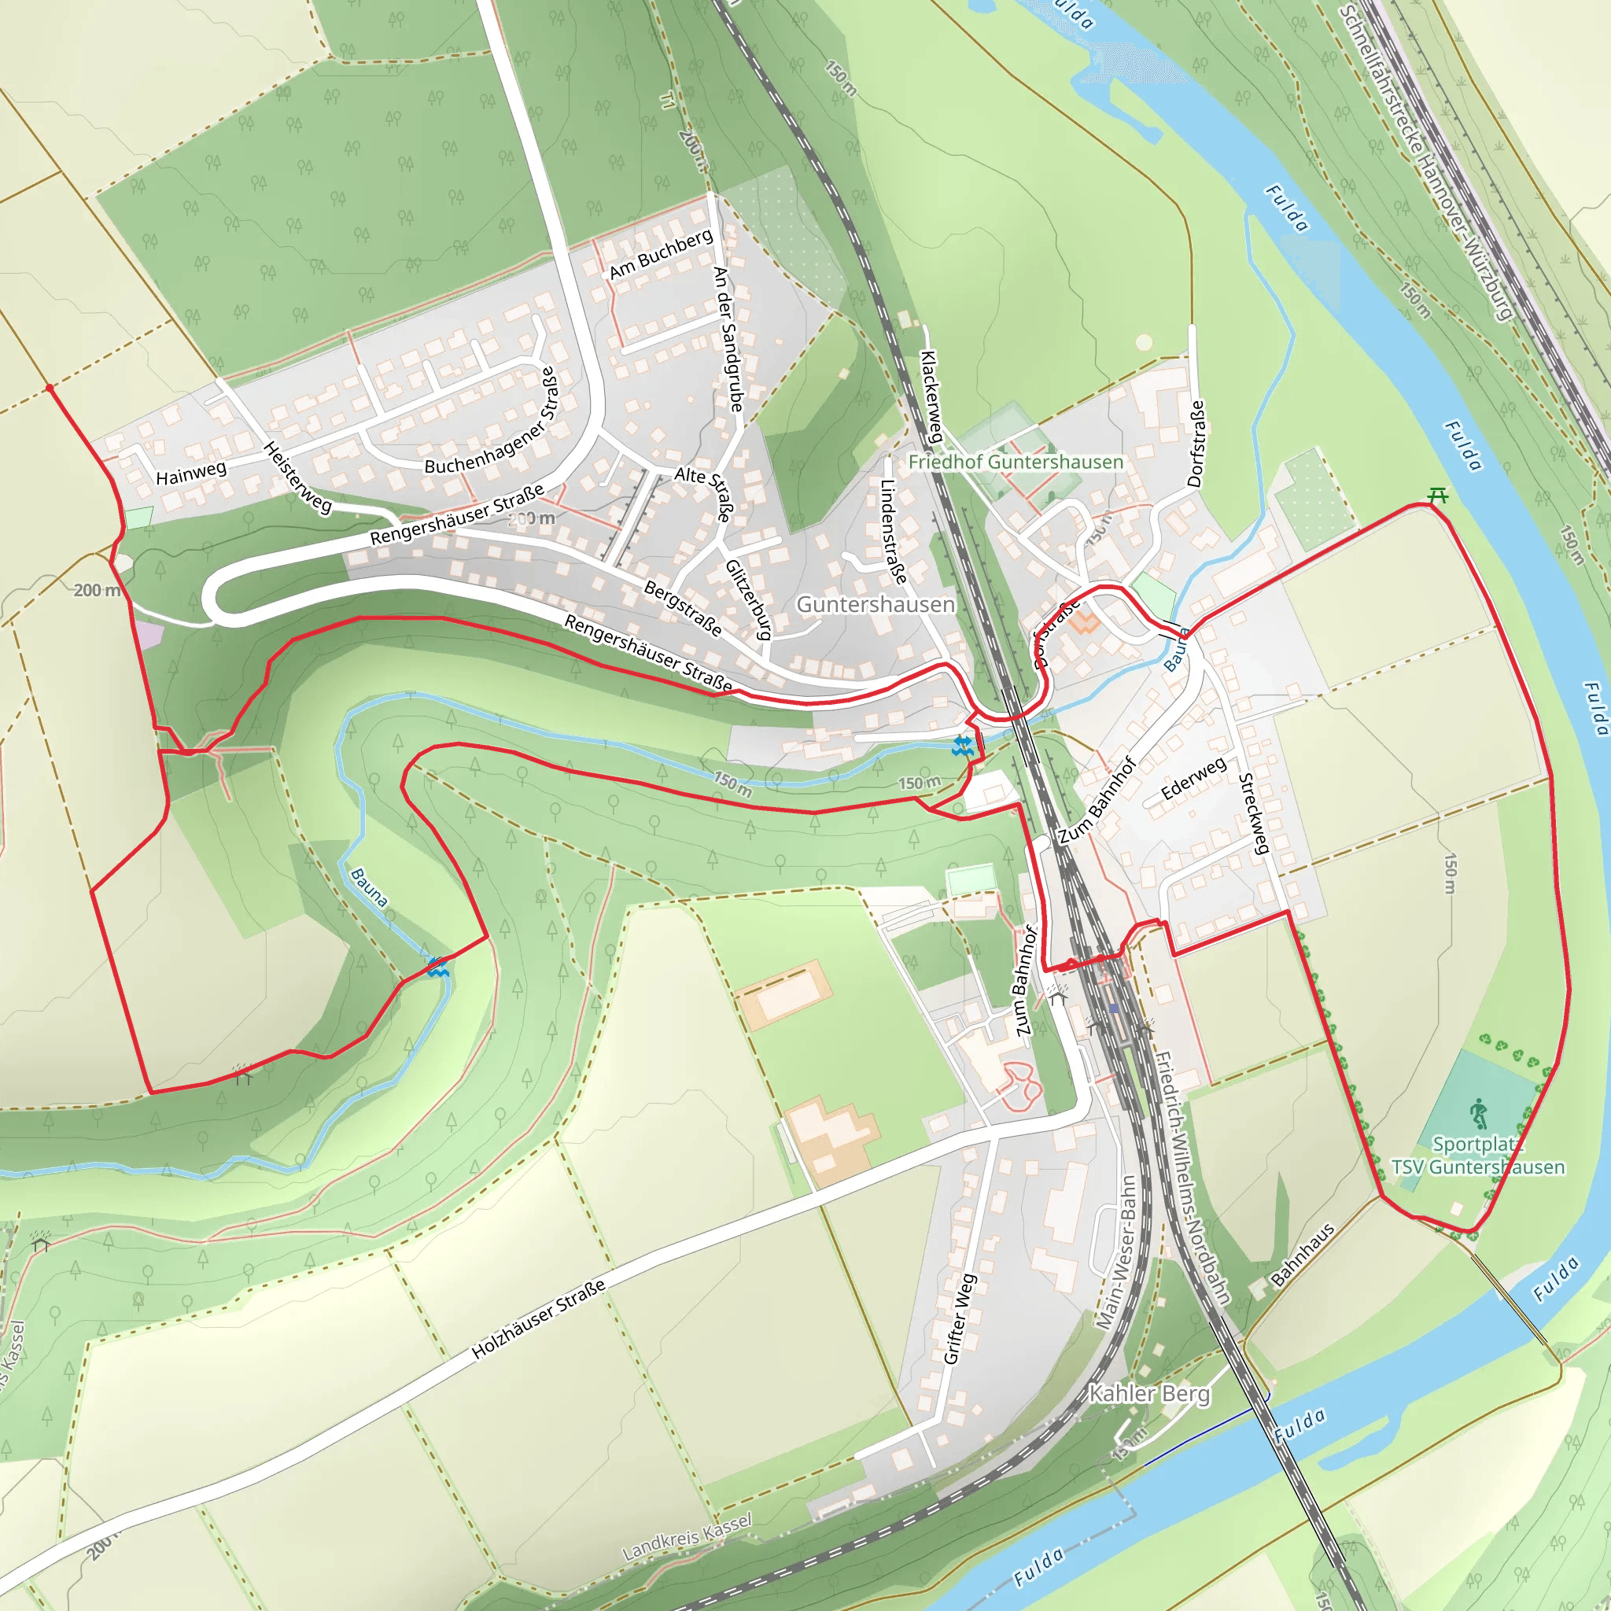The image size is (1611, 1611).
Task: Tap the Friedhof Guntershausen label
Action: [1016, 461]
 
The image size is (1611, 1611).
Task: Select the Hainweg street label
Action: [191, 473]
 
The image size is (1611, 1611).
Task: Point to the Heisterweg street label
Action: [297, 477]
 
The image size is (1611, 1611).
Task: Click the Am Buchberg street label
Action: [662, 254]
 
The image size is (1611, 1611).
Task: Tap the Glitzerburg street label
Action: [748, 599]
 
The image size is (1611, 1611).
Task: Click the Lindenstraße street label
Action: [893, 531]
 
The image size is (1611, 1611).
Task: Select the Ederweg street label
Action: [1193, 777]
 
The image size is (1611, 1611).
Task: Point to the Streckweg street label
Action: [1253, 814]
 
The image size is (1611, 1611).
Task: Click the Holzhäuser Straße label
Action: [539, 1319]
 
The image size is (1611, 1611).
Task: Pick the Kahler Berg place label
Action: [1149, 1393]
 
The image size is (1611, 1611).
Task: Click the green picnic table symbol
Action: [1436, 496]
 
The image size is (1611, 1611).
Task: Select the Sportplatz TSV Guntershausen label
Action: [1477, 1156]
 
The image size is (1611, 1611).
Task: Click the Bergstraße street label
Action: [683, 608]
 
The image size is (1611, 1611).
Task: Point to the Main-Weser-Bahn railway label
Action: [1116, 1252]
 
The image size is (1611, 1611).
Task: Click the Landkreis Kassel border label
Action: [687, 1537]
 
